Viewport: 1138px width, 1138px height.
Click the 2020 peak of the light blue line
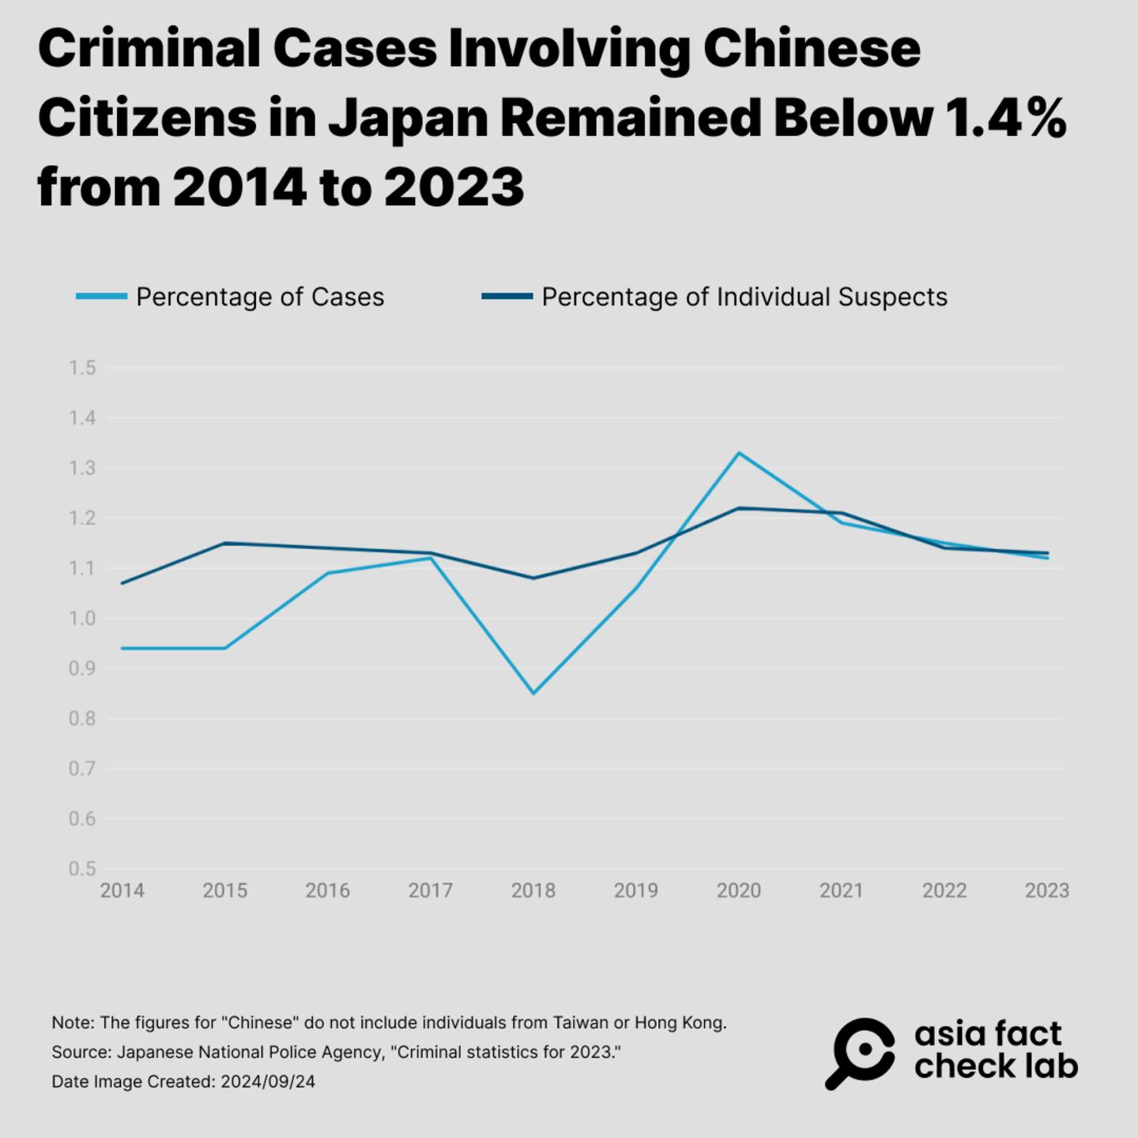[x=739, y=453]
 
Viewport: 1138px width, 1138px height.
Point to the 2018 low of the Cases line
[x=533, y=693]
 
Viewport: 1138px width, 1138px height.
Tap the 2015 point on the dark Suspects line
[x=225, y=543]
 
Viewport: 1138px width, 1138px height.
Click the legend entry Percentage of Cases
[x=259, y=297]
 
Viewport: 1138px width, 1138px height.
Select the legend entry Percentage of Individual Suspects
[x=744, y=297]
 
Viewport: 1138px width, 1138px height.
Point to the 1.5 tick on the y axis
[x=82, y=367]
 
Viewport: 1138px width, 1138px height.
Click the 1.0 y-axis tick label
[x=82, y=618]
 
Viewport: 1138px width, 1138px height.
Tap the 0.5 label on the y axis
[x=82, y=869]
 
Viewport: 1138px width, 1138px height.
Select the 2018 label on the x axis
[x=533, y=891]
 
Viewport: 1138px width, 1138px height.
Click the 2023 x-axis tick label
[x=1046, y=891]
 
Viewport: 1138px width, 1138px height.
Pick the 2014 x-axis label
[x=122, y=891]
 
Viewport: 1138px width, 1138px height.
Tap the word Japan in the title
[x=408, y=119]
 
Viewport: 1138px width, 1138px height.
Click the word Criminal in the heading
[x=149, y=49]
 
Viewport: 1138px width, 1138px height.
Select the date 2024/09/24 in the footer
[x=268, y=1081]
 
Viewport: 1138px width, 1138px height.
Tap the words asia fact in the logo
[x=988, y=1034]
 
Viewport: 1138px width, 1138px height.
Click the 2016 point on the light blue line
[x=328, y=573]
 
